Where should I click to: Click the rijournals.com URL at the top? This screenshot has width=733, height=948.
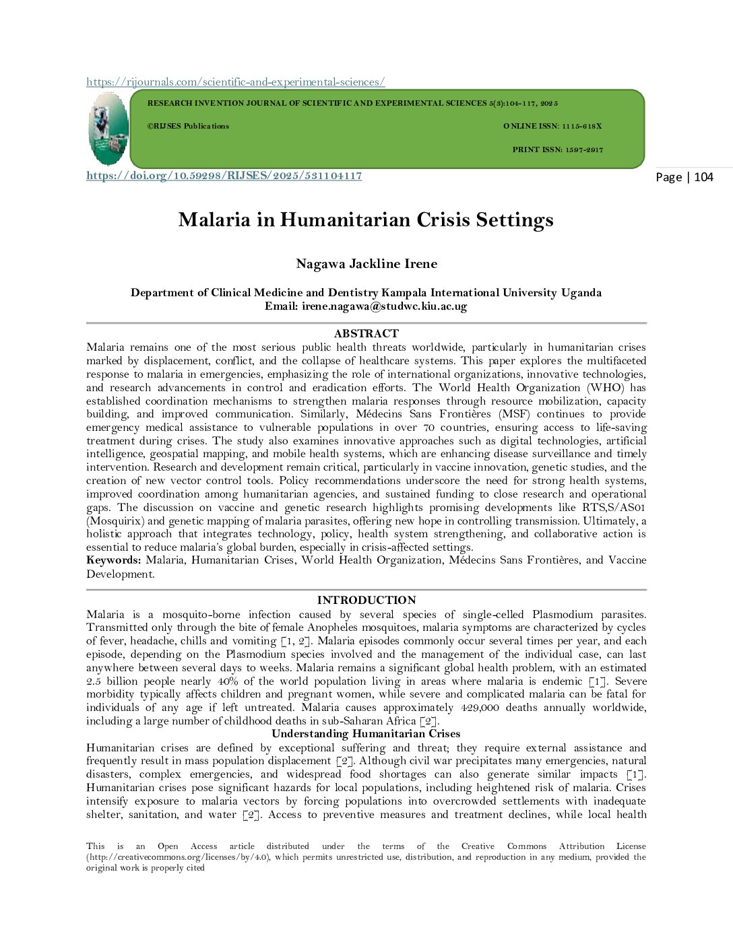[235, 82]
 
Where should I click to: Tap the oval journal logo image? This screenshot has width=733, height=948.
[108, 129]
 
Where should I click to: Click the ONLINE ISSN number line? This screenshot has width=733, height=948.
[552, 126]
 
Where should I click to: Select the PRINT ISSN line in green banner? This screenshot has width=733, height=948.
[557, 149]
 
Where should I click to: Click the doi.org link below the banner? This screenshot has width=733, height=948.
[224, 176]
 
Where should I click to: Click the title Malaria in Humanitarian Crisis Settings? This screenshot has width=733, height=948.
[366, 220]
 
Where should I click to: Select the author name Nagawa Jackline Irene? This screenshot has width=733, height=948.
[366, 264]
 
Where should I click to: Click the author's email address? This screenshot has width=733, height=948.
[384, 306]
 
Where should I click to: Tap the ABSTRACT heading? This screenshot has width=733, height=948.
[366, 333]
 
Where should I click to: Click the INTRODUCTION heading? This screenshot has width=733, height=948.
[366, 600]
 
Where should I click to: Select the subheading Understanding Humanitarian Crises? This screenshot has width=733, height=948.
[366, 734]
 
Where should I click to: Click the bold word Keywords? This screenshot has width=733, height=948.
[113, 560]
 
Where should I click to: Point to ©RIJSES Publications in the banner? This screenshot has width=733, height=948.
[188, 126]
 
